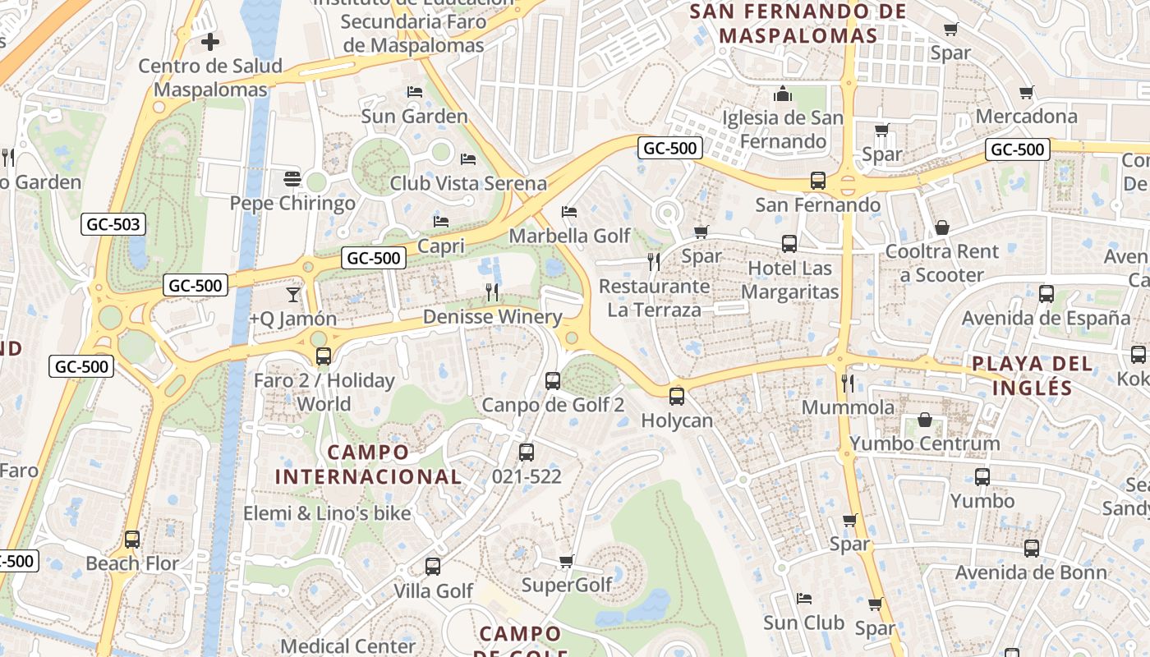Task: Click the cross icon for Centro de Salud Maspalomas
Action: [x=210, y=41]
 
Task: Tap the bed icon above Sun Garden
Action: [x=415, y=91]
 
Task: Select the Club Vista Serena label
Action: [x=468, y=183]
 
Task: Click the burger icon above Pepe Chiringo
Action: [x=292, y=177]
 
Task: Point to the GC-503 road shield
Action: [x=113, y=224]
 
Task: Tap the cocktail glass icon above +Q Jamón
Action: [x=293, y=294]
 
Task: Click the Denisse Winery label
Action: [x=492, y=317]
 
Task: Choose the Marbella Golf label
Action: [x=569, y=237]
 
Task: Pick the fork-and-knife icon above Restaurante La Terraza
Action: [x=654, y=262]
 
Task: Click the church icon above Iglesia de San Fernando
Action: [x=783, y=93]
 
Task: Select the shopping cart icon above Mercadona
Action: [x=1026, y=92]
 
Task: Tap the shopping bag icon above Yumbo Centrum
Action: [x=925, y=420]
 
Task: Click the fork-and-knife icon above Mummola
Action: [x=848, y=383]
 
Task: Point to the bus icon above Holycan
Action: [x=677, y=396]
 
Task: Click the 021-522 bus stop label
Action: [x=527, y=476]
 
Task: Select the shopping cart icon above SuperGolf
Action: [x=566, y=562]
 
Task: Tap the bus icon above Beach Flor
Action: [x=132, y=540]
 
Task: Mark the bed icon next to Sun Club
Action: [x=804, y=599]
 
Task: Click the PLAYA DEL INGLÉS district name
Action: [x=1033, y=375]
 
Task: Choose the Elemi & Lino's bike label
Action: [x=327, y=514]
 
